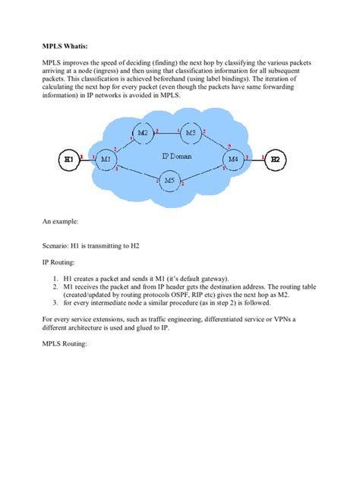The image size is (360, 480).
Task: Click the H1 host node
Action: click(70, 159)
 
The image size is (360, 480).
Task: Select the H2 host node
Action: click(276, 159)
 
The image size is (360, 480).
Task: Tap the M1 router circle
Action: click(106, 159)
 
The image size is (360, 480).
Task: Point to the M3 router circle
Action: click(190, 134)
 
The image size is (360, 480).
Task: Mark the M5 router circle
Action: click(169, 181)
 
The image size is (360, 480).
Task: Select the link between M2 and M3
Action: click(167, 134)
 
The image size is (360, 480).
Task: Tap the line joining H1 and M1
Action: click(87, 159)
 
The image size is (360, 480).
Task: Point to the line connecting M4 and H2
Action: click(254, 159)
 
